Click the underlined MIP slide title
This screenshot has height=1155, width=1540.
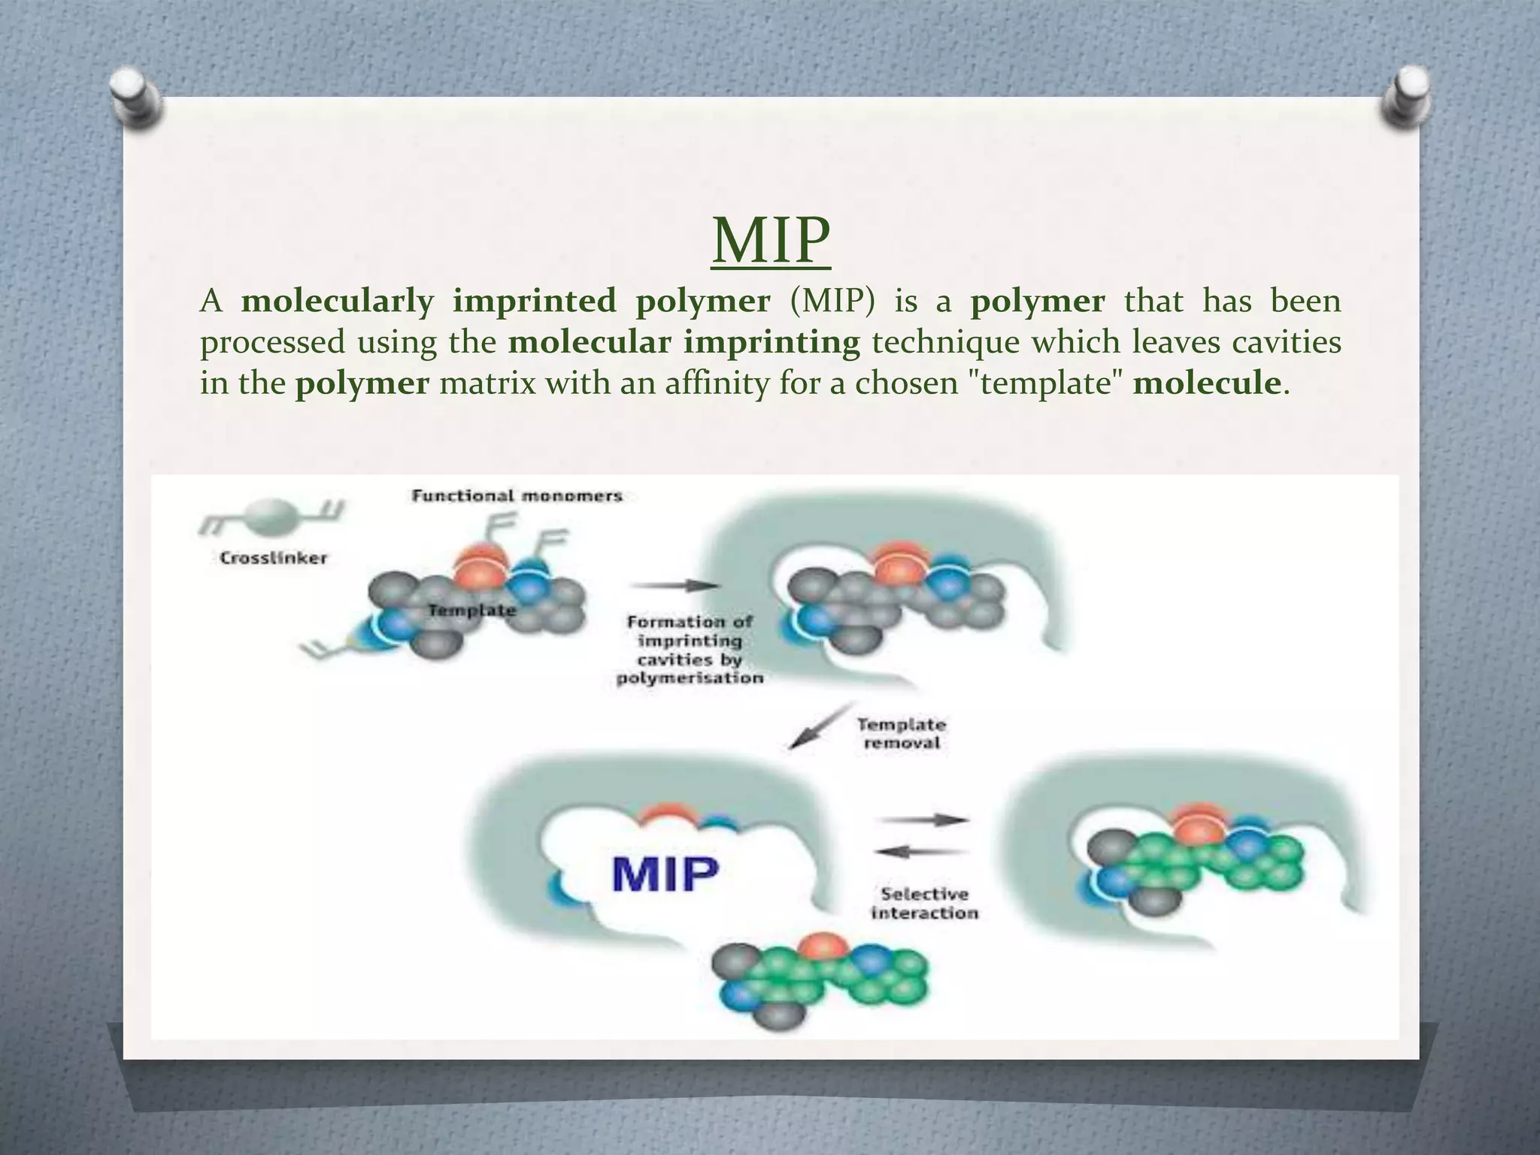tap(771, 240)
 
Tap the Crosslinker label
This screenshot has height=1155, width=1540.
tap(273, 558)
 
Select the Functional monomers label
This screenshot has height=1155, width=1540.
tap(517, 496)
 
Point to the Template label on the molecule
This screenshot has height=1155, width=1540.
tap(471, 611)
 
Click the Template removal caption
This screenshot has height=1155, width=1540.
tap(902, 734)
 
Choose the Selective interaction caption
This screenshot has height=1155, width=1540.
tap(925, 903)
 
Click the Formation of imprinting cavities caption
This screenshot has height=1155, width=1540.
tap(690, 650)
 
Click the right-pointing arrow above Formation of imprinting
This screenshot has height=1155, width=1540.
tap(674, 585)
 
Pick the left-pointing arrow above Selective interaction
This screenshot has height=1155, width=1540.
tap(921, 852)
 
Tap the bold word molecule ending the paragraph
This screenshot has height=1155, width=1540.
tap(1207, 383)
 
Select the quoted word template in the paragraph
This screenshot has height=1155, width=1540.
tap(1042, 383)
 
